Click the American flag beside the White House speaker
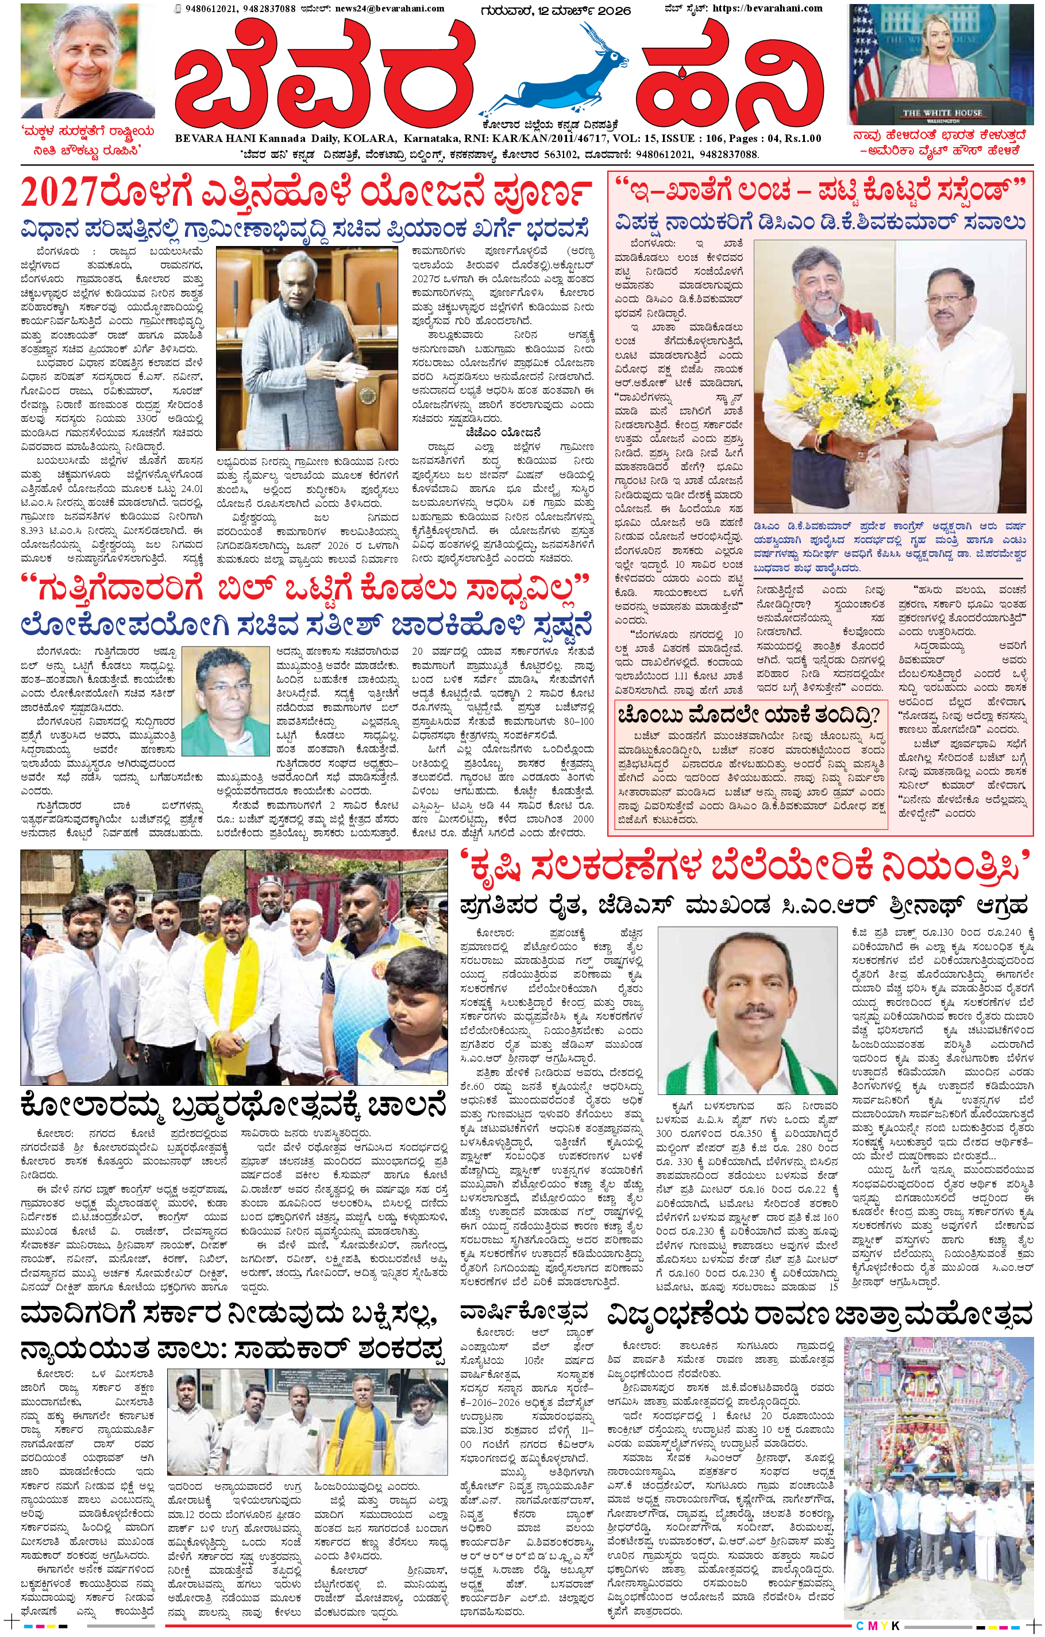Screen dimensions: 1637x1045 point(865,82)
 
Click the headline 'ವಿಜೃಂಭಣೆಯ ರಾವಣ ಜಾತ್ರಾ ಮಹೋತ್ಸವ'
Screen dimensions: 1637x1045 point(820,1316)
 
